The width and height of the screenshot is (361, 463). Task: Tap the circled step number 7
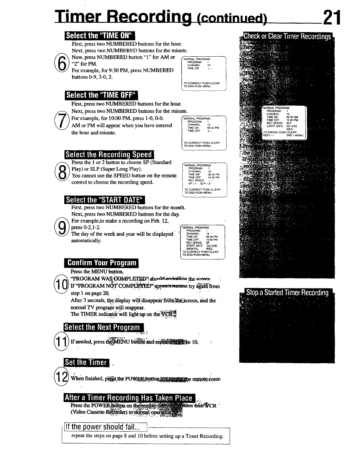tap(61, 121)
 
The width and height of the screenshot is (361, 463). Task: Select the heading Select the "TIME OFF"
tap(101, 95)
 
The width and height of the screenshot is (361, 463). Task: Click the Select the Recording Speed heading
tap(109, 155)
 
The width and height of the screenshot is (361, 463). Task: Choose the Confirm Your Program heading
tap(102, 263)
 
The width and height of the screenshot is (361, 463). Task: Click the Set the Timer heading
tap(86, 363)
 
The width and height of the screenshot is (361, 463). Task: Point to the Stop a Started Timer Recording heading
tap(287, 293)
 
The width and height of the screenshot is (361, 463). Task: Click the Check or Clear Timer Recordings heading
tap(287, 36)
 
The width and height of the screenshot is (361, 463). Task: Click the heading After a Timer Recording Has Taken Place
tap(129, 398)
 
